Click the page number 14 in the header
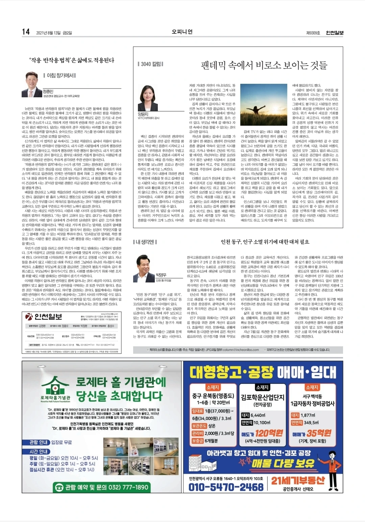[26, 32]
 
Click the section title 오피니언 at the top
[182, 32]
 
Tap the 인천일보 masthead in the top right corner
[334, 33]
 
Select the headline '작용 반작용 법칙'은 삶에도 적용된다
[72, 60]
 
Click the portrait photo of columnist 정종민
[32, 84]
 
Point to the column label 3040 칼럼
[150, 64]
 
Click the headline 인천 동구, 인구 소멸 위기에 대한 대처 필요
[265, 242]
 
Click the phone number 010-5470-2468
[226, 487]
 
